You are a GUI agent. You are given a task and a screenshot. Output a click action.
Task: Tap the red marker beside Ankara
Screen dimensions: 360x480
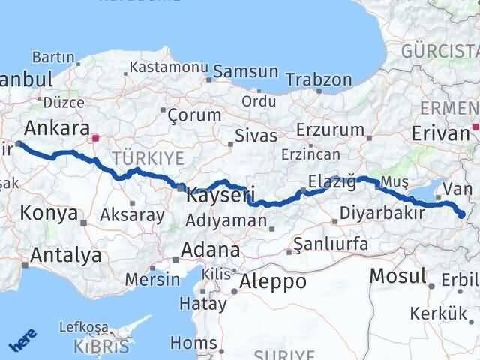[95, 138]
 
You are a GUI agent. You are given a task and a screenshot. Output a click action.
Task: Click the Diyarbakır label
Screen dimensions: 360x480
[382, 213]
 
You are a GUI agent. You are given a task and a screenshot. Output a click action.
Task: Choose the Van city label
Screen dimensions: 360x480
[458, 188]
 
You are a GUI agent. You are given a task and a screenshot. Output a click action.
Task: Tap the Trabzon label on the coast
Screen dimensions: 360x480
[319, 79]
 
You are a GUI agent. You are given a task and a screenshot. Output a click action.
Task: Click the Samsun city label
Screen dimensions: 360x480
[245, 72]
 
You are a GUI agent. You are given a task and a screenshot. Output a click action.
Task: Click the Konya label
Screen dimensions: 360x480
[49, 213]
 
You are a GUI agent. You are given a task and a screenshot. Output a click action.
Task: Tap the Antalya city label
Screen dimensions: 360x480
[65, 255]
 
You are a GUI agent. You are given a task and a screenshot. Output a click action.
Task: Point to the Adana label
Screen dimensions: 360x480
[214, 250]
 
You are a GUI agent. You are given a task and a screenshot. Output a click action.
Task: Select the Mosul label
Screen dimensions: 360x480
[398, 275]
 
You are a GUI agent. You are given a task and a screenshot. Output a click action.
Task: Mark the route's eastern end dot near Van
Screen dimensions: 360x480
[461, 216]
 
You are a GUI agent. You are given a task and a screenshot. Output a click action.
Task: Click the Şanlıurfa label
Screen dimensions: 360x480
[331, 244]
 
